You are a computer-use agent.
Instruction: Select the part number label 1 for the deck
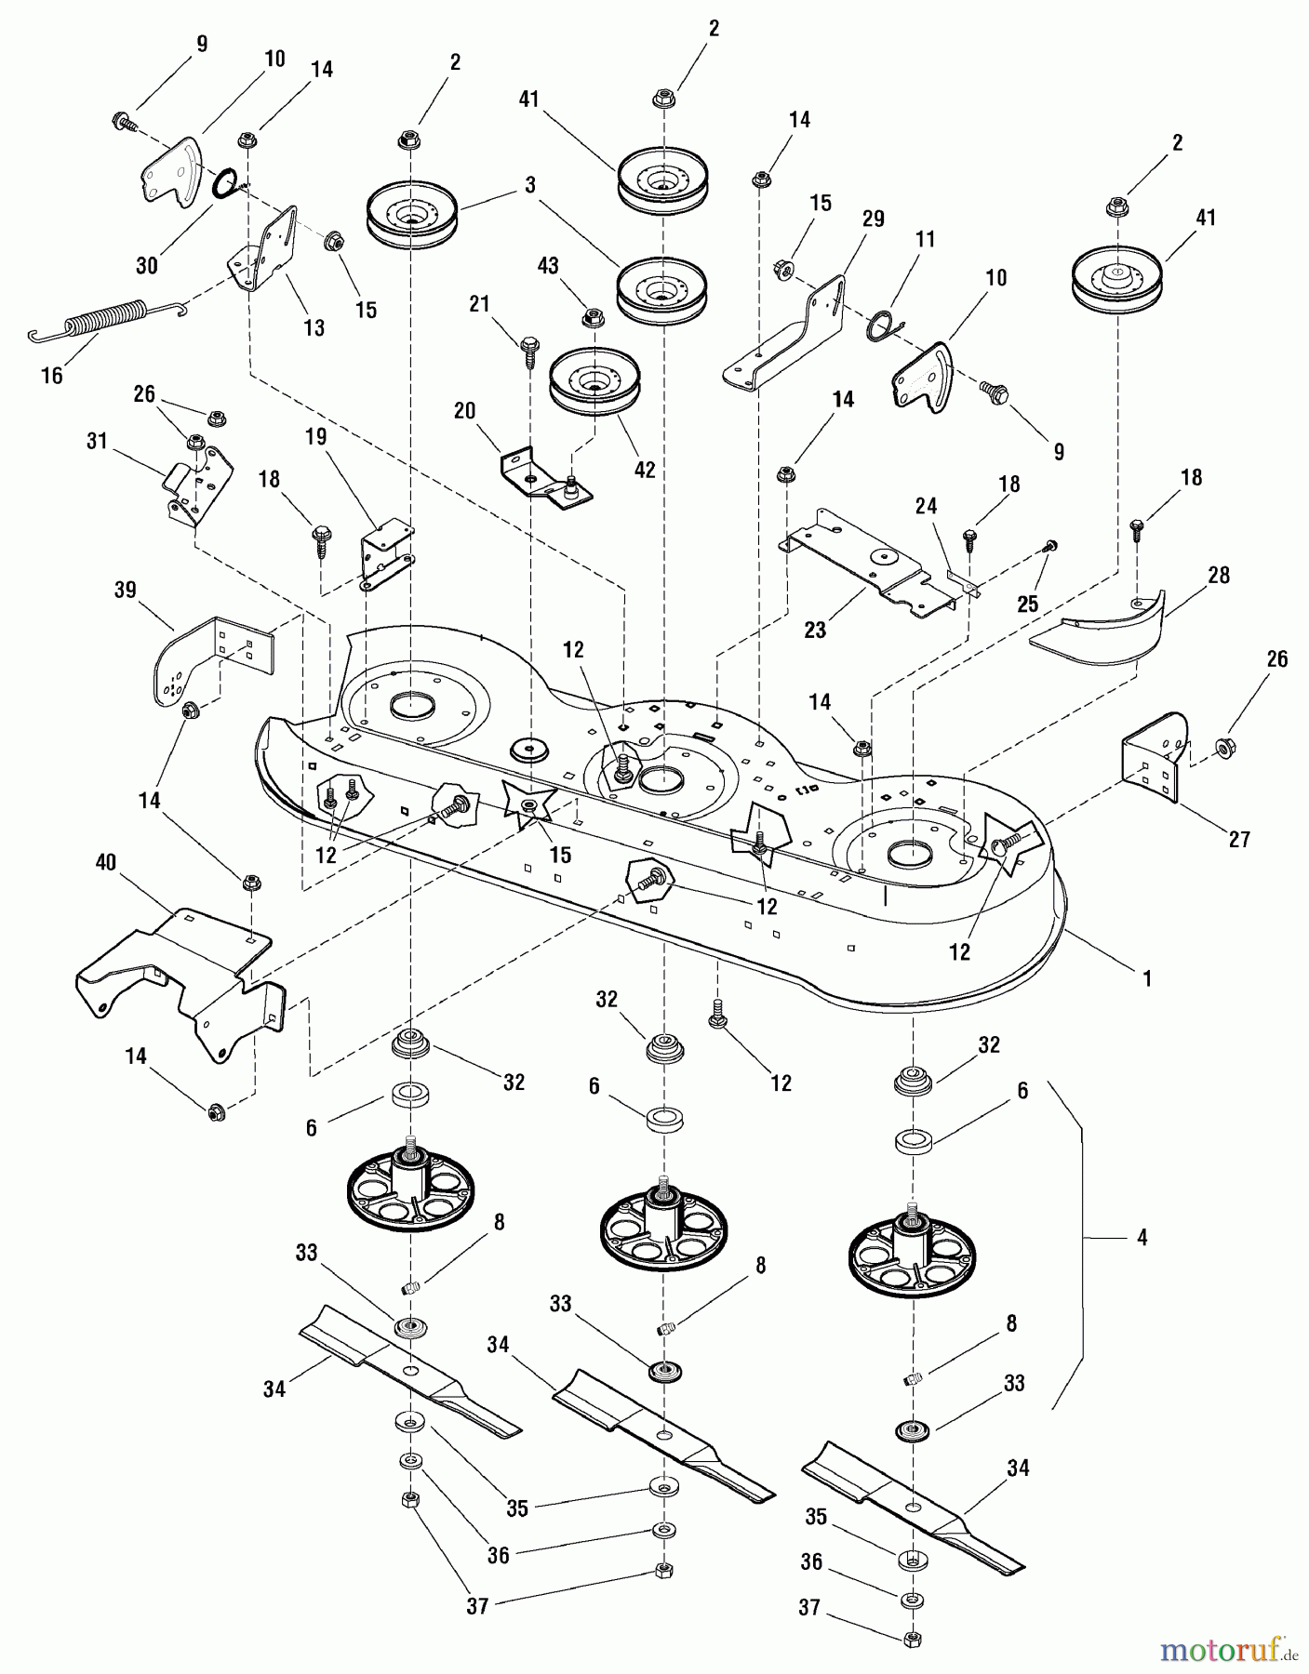pos(1147,978)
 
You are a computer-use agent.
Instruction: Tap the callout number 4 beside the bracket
pos(1142,1238)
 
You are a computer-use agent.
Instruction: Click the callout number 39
pos(125,590)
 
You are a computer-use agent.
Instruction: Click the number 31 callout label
pos(97,441)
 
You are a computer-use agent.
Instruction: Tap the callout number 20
pos(464,411)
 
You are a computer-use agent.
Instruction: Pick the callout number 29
pos(873,219)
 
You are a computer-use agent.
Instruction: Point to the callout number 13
pos(314,327)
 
